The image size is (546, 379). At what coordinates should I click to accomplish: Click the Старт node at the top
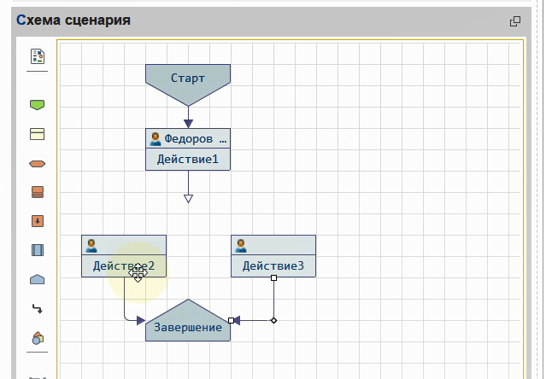pos(188,78)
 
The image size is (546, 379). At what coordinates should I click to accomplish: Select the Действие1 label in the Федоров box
pos(188,160)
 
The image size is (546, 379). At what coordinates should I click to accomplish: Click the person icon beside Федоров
pos(156,138)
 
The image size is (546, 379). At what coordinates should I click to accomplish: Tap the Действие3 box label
pos(273,266)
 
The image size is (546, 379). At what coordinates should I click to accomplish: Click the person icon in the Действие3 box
pos(241,246)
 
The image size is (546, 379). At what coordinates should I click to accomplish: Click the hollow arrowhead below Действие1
pos(188,199)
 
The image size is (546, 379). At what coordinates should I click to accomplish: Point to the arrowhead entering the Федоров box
pos(188,123)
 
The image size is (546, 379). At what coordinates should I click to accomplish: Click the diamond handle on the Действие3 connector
pos(273,321)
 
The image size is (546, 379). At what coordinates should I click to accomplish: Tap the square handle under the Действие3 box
pos(273,278)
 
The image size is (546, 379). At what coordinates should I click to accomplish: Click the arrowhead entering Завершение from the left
pos(140,321)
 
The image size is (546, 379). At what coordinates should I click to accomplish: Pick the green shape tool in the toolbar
pos(37,105)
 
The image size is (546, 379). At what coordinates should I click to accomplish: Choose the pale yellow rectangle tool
pos(37,134)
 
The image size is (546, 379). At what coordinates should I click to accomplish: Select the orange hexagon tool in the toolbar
pos(37,163)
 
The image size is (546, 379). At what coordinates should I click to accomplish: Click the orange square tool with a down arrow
pos(37,221)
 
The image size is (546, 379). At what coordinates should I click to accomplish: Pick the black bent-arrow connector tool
pos(37,308)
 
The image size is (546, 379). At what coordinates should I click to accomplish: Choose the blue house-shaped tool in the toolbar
pos(37,279)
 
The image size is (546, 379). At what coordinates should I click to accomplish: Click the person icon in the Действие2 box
pos(91,246)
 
